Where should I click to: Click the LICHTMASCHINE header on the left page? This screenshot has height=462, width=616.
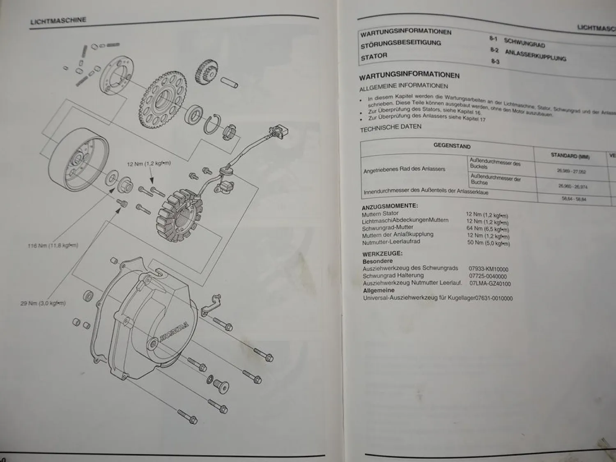(x=58, y=21)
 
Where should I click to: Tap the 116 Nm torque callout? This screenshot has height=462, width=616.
(x=53, y=246)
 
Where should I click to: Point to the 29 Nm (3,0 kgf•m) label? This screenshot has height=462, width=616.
(x=43, y=303)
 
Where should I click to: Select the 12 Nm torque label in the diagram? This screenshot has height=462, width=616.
(x=149, y=164)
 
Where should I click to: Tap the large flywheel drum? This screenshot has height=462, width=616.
(x=78, y=158)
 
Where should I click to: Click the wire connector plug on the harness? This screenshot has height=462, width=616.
(x=279, y=133)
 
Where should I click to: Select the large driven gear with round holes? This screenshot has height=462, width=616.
(x=163, y=99)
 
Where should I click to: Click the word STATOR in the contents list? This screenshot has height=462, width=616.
(x=374, y=56)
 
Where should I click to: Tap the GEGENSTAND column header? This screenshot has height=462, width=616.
(x=452, y=146)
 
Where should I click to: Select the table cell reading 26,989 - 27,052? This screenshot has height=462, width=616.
(x=571, y=171)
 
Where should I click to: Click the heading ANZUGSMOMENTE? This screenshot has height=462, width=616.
(x=389, y=206)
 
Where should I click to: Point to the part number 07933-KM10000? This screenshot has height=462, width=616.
(x=488, y=269)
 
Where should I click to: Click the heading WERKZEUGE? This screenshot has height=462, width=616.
(x=382, y=254)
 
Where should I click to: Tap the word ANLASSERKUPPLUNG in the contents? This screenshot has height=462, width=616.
(x=535, y=55)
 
